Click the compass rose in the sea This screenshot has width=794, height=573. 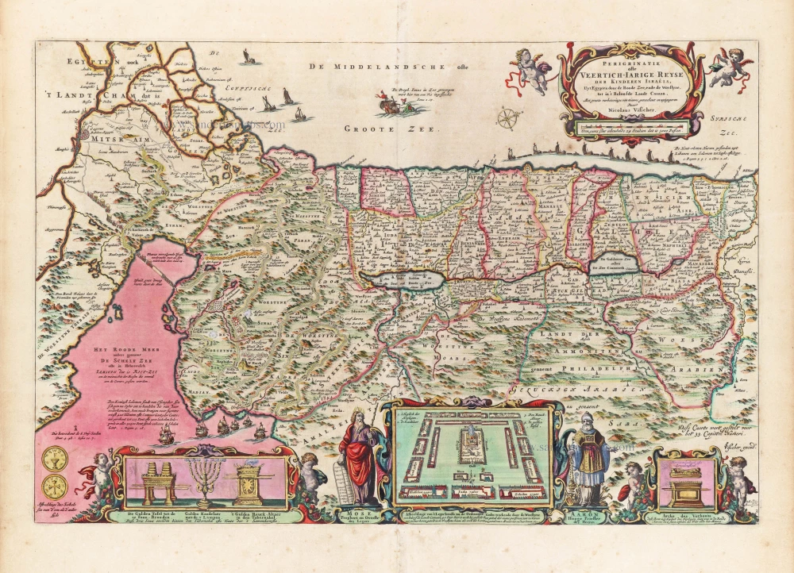coord(506,119)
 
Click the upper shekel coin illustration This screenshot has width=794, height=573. coord(53,459)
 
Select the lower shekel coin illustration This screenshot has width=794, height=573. coord(53,486)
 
